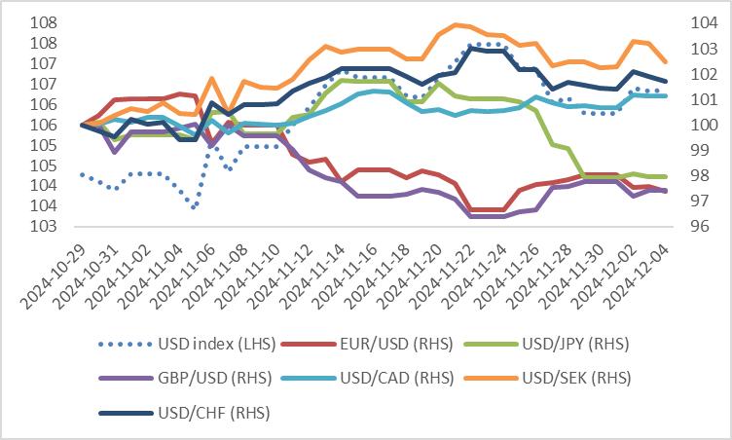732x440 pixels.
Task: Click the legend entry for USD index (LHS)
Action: point(196,343)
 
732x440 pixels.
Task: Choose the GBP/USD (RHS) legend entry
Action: point(196,378)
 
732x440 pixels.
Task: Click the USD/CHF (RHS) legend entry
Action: point(195,413)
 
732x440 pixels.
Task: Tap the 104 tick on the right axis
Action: point(702,22)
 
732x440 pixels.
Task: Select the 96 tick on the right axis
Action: point(702,227)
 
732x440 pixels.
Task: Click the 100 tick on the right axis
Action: point(702,125)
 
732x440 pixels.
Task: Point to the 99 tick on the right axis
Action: point(702,150)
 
